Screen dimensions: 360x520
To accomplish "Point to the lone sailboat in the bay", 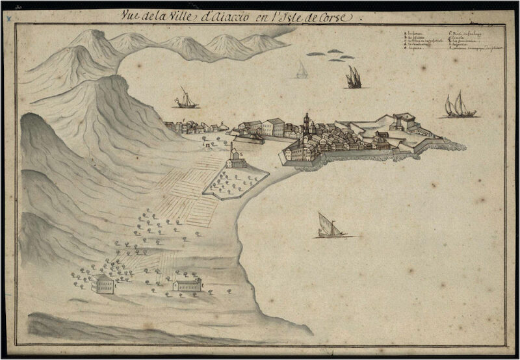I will coord(329,225).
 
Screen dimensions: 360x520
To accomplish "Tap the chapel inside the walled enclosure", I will coord(237,158).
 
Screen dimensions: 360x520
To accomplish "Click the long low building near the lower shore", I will coord(187,285).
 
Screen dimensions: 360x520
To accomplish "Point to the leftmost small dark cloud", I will coord(315,54).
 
